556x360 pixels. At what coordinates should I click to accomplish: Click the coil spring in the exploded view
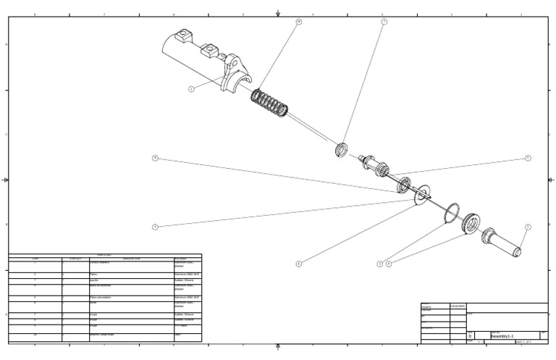click(269, 103)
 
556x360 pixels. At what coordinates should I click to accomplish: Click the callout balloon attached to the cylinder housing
click(191, 89)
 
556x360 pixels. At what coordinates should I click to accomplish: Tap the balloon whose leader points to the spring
click(298, 22)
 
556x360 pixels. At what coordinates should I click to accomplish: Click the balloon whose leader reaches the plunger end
click(528, 227)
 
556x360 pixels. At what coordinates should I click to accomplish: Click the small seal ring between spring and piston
click(342, 150)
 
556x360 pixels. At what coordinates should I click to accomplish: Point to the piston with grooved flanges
click(376, 166)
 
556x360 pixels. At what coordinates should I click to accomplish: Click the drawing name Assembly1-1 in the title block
click(502, 337)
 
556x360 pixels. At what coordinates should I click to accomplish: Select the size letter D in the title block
click(470, 337)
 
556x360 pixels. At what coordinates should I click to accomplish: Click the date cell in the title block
click(458, 306)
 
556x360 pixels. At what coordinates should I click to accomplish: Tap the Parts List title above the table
click(104, 255)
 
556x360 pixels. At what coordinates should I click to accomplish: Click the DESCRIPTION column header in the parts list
click(131, 259)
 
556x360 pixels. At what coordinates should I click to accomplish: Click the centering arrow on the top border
click(278, 13)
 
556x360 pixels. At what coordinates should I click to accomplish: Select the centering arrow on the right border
click(551, 180)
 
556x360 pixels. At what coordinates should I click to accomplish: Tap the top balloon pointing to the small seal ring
click(384, 22)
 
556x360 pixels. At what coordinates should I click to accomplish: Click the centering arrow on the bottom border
click(278, 347)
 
